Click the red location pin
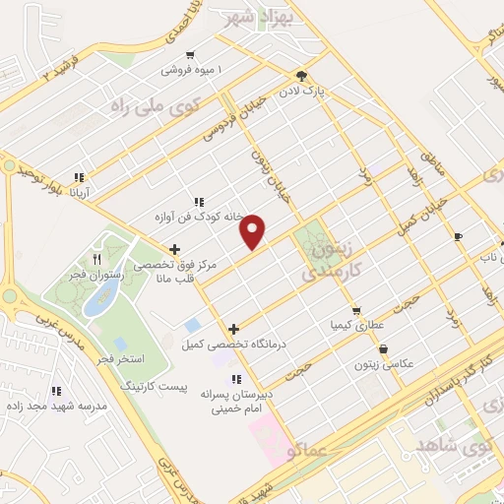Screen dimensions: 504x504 coord(254,231)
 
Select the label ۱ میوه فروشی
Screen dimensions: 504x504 coord(194,71)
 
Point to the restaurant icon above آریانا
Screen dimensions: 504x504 coord(78,178)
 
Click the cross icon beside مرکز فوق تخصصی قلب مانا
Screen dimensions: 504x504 coord(175,250)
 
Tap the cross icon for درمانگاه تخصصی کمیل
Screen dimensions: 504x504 coord(233,329)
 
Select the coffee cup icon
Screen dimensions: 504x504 coord(458,236)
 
